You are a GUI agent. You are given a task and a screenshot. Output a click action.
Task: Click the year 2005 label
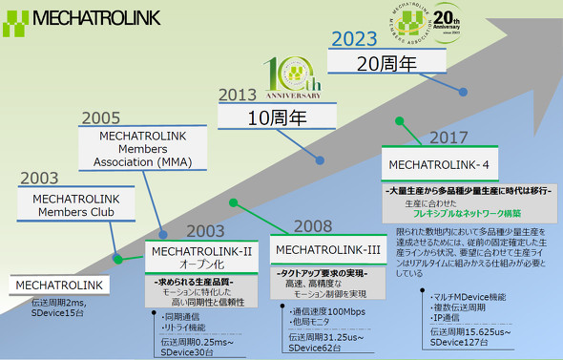100,118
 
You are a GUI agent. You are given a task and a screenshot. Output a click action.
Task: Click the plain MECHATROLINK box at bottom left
59,285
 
